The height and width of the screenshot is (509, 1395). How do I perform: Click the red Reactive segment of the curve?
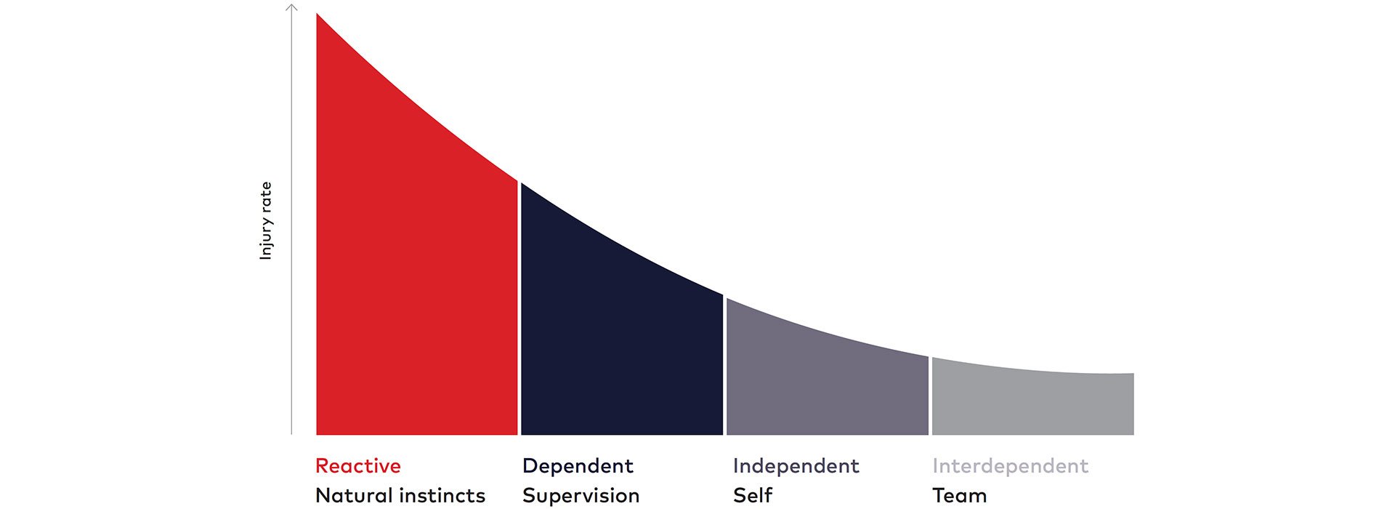416,291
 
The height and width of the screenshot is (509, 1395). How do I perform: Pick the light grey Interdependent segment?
1032,404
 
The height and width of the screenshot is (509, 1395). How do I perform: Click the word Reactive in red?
358,466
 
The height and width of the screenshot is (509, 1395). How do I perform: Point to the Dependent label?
578,466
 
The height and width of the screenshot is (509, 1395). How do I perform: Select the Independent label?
796,466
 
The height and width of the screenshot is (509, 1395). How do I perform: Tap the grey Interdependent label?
1011,466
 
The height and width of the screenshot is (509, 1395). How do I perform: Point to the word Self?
753,496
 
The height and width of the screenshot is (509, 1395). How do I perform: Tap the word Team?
960,496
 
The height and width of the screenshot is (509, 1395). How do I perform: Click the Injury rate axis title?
266,220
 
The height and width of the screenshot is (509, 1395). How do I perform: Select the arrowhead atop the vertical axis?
291,7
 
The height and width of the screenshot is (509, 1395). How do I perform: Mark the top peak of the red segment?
317,13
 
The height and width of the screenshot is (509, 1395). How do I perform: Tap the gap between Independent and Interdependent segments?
931,396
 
